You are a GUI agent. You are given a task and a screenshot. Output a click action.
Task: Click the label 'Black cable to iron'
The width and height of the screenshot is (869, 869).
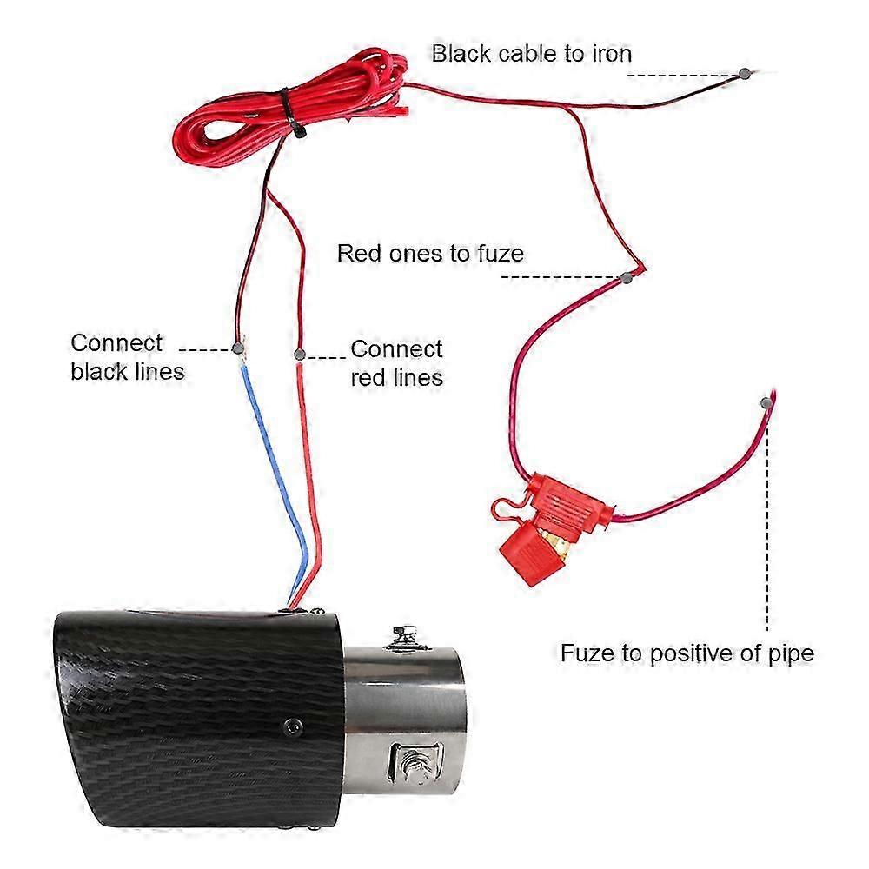point(531,54)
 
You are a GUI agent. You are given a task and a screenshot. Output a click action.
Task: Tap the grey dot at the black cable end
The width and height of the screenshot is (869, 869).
point(744,74)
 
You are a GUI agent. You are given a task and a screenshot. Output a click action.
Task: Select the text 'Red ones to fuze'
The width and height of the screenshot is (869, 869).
point(430,254)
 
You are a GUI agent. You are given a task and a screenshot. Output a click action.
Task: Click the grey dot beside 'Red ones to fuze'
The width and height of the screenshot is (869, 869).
point(627,277)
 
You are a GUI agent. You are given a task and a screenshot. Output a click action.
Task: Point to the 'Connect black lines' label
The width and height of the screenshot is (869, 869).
point(128,356)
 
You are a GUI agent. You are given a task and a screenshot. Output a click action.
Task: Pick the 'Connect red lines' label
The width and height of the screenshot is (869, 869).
point(396,363)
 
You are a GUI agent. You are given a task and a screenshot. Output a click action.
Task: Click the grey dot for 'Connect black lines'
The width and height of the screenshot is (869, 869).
point(238,349)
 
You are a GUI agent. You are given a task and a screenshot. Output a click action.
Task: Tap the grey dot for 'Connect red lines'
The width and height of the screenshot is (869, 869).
point(299,355)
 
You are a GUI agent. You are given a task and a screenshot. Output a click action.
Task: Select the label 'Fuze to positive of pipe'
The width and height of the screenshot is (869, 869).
point(687,653)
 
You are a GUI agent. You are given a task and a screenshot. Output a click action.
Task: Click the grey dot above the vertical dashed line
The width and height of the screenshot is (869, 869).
point(766,402)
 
